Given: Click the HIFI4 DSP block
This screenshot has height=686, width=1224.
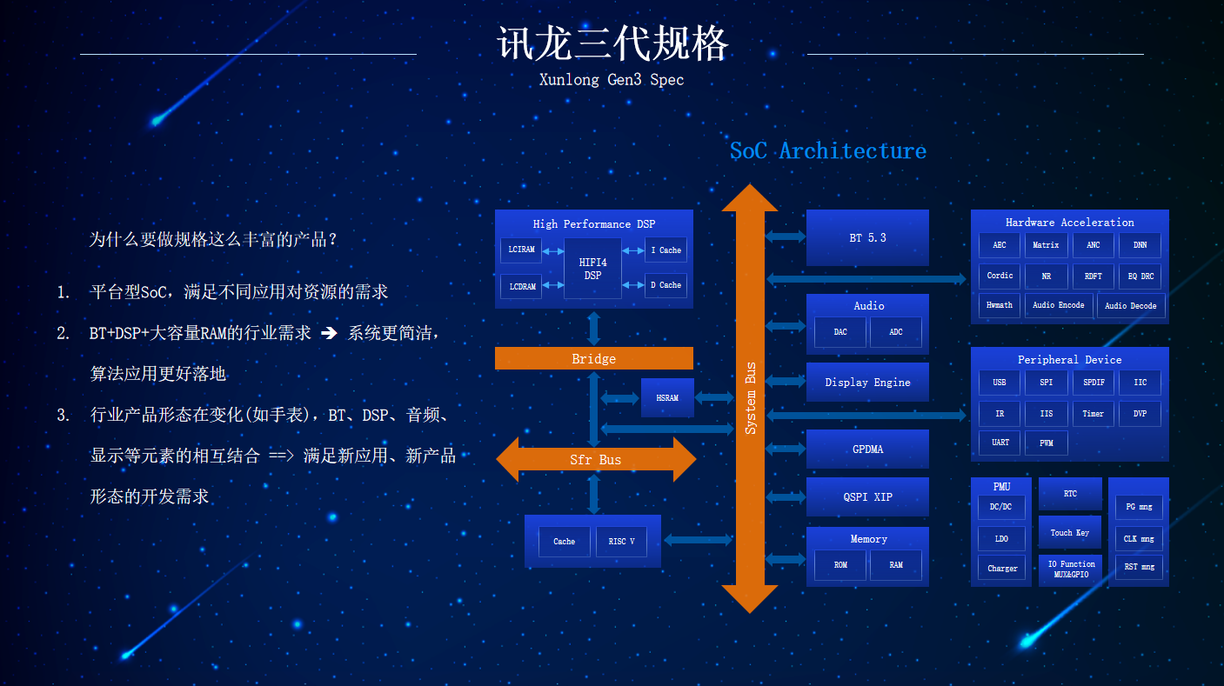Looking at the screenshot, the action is click(x=592, y=268).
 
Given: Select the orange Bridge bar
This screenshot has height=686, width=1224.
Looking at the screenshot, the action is click(x=594, y=358).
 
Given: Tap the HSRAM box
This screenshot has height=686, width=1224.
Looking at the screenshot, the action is click(x=667, y=397).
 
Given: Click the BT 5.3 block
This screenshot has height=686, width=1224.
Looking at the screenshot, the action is click(x=867, y=237).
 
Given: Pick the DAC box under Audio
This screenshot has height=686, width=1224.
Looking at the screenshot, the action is click(x=839, y=331).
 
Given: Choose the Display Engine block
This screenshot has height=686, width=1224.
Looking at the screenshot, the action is click(x=867, y=383).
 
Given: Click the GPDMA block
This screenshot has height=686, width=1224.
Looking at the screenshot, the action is click(x=867, y=449).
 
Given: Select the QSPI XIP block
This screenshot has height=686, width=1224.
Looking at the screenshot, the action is click(x=867, y=497).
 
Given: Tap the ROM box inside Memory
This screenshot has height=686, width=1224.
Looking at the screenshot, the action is click(x=839, y=565).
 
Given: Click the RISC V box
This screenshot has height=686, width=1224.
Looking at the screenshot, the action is click(x=621, y=542).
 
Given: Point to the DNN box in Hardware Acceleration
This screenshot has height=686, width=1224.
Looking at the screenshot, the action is click(x=1140, y=245).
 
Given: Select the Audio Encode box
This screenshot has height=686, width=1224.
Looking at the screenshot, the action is click(x=1059, y=305).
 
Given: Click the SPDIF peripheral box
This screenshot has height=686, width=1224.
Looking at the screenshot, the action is click(x=1094, y=383).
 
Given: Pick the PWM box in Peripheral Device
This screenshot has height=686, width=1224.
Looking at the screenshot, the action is click(x=1046, y=443).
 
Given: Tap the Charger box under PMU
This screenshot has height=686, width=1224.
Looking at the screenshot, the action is click(x=1001, y=568).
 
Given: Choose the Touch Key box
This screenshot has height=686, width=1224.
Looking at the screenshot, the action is click(x=1069, y=532).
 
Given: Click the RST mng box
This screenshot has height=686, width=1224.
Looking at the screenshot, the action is click(x=1139, y=567).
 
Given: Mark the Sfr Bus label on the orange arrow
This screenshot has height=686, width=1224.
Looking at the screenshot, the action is click(x=595, y=460).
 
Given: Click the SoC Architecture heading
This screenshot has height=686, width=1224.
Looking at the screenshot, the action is click(x=828, y=150).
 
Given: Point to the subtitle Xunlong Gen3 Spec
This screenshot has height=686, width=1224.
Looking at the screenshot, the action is click(x=612, y=80).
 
